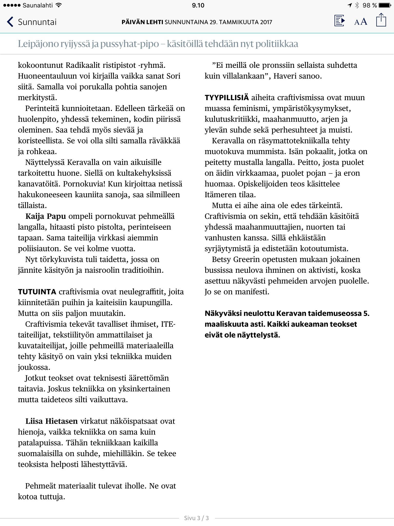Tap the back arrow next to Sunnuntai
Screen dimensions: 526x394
pos(10,22)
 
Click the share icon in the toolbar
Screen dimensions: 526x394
pos(381,20)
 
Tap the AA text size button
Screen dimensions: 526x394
pos(360,22)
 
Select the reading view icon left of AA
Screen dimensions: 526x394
pos(339,21)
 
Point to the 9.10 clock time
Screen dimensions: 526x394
pos(198,5)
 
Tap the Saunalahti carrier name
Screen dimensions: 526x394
pos(37,5)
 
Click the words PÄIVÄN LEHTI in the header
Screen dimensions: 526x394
pos(142,22)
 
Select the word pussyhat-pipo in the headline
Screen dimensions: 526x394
pos(130,44)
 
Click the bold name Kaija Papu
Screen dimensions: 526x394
pos(46,216)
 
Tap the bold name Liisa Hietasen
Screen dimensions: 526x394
pos(51,421)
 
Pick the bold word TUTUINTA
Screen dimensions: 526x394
pos(37,292)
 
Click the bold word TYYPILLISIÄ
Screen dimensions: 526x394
pos(226,98)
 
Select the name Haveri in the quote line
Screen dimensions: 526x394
pos(284,76)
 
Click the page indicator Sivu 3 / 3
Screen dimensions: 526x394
pos(196,518)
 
